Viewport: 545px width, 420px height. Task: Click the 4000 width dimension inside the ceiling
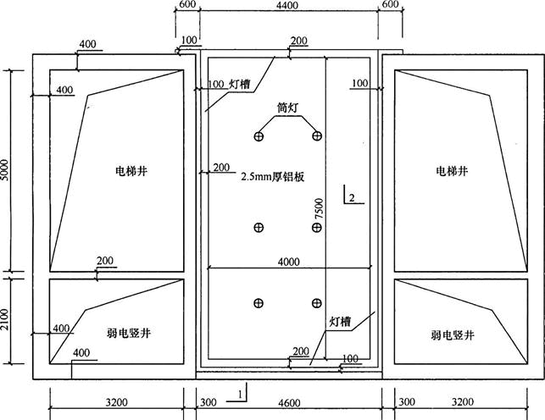(288, 262)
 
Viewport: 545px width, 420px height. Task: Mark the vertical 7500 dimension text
(318, 210)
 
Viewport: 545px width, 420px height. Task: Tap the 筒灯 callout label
(288, 108)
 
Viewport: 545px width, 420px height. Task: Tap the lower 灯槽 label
(341, 323)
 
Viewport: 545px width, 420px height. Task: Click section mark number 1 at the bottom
(242, 395)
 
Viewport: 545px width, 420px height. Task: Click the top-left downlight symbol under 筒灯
(259, 136)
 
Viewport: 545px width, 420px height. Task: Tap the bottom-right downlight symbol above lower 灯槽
(316, 303)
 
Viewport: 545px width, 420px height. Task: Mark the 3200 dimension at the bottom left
(116, 402)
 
